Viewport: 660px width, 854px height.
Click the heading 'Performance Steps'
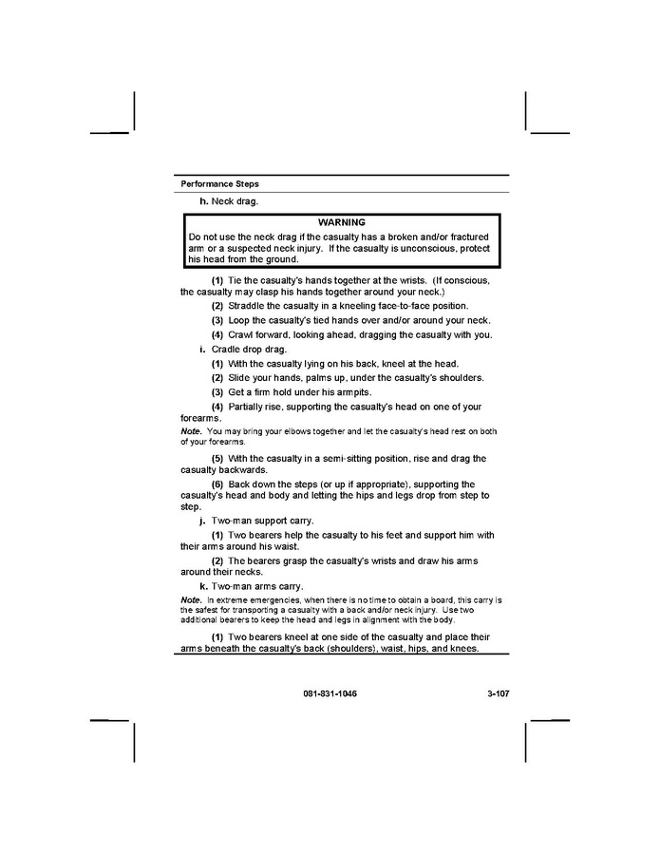(219, 183)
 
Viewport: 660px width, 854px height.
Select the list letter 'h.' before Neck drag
(203, 200)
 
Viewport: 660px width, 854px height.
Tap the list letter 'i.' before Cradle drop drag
(203, 349)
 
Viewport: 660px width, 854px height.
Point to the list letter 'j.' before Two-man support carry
(203, 521)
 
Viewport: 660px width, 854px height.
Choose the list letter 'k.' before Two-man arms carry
(203, 586)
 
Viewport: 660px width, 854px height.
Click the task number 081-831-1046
(331, 693)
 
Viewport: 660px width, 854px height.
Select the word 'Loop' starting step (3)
(239, 320)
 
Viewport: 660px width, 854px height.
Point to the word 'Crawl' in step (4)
(242, 334)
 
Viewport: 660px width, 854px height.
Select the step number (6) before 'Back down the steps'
(217, 484)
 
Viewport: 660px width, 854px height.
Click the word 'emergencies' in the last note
(246, 601)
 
